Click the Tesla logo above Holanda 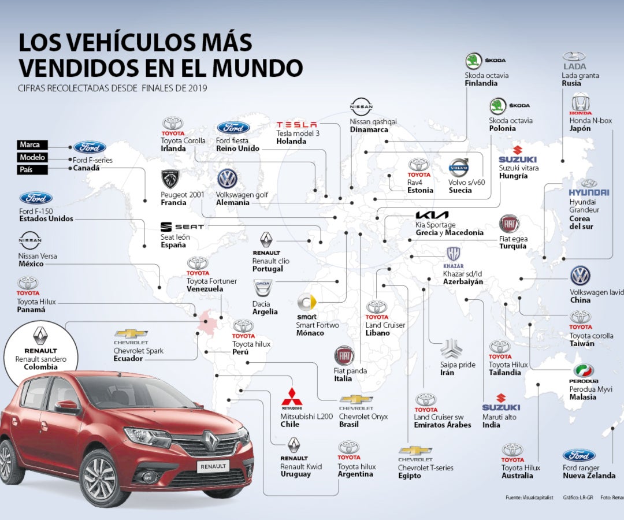[297, 125]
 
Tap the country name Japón [579, 129]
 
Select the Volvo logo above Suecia [460, 167]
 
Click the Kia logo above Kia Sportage [432, 215]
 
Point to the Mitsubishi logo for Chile [292, 398]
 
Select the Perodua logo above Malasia [584, 371]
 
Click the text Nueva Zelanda [589, 476]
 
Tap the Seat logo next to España [181, 227]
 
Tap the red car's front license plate [213, 466]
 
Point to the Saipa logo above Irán [451, 349]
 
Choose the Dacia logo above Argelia [262, 287]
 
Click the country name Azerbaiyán [463, 281]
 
